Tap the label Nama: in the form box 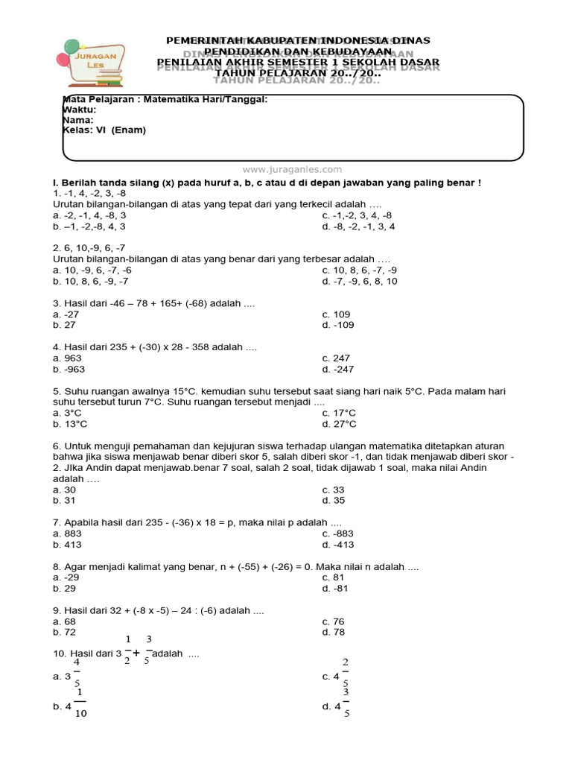[78, 119]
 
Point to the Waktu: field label [80, 110]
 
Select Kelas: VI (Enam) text [105, 130]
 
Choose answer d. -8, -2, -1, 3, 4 [358, 227]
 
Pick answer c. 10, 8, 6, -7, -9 [359, 270]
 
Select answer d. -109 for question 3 [338, 326]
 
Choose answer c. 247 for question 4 [337, 358]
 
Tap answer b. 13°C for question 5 [70, 424]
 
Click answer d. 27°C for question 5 [339, 424]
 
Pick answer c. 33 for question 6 [333, 490]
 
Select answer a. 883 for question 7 [67, 534]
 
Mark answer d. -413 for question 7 [338, 545]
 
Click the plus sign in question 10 [136, 653]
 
